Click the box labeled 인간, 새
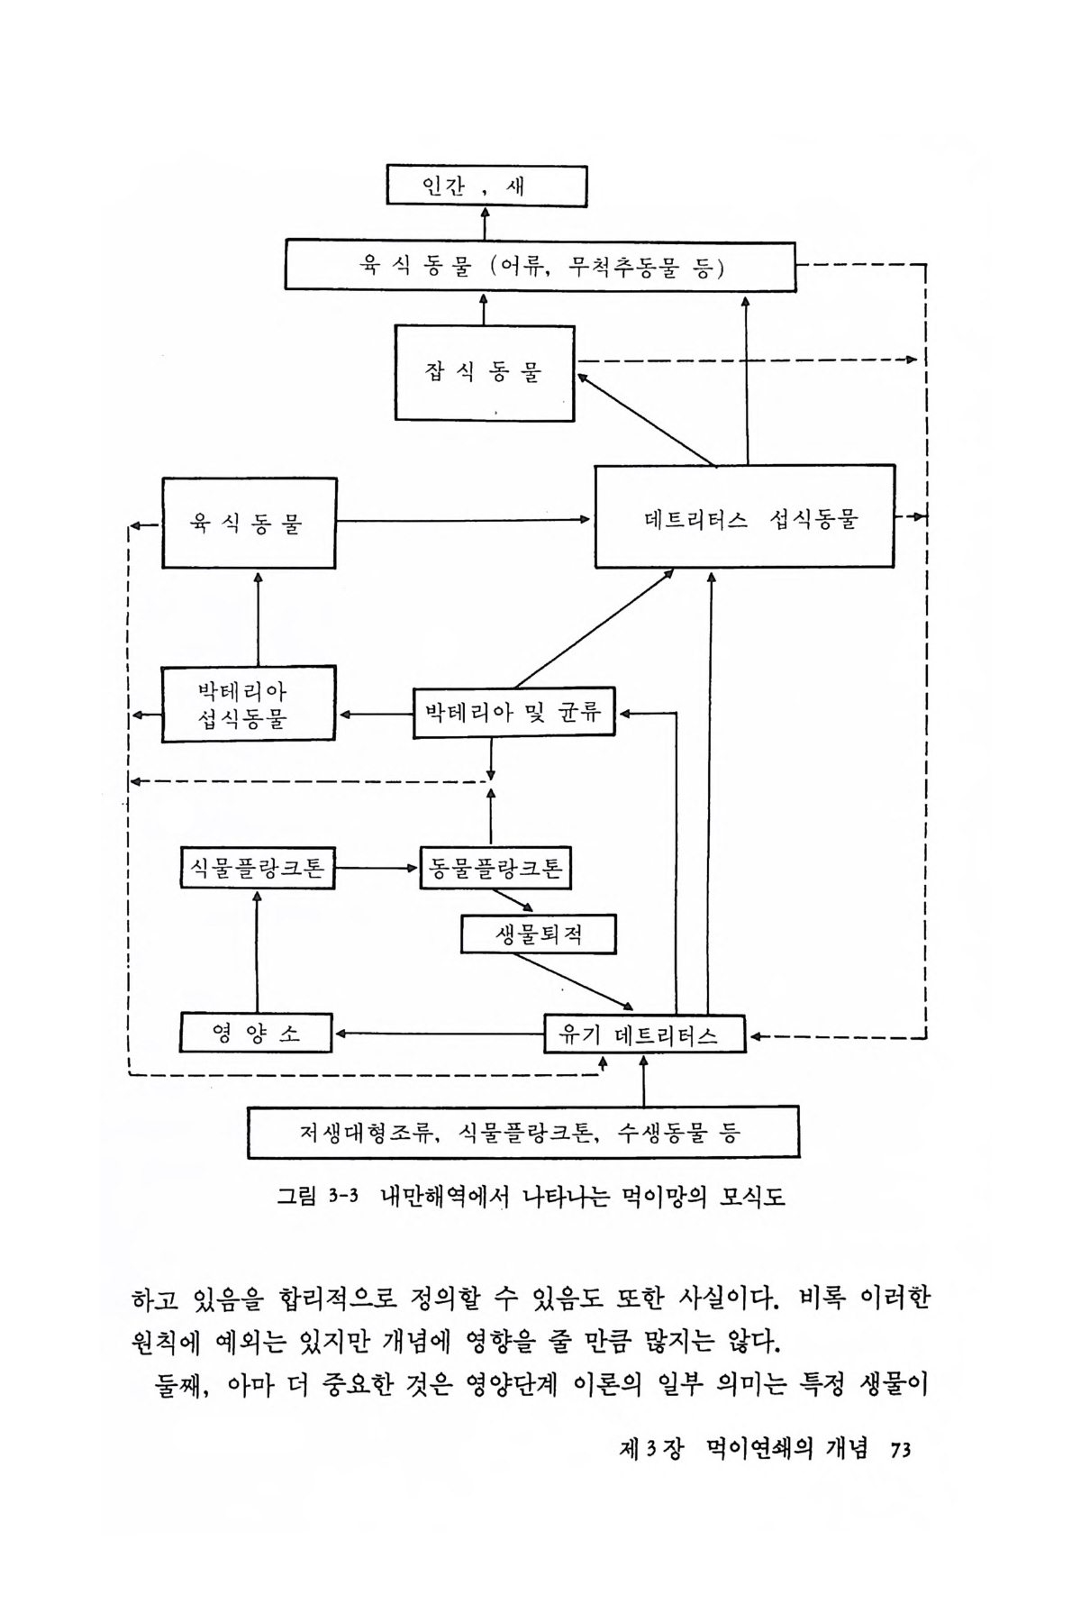(x=486, y=187)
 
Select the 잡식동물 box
(x=485, y=372)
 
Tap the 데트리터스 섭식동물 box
(x=744, y=517)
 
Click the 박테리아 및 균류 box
(x=513, y=713)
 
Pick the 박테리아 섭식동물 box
(x=249, y=704)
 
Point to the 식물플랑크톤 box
(x=257, y=869)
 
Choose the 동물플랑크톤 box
(x=495, y=869)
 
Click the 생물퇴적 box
(x=539, y=934)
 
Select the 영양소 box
(x=256, y=1033)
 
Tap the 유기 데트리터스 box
(x=645, y=1034)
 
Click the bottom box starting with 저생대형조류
(x=522, y=1133)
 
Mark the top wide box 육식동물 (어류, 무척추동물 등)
(x=540, y=267)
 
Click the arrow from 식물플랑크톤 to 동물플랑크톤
(x=377, y=869)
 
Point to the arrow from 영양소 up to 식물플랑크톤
(x=257, y=951)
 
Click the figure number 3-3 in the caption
(x=343, y=1198)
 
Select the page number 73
(x=900, y=1450)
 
